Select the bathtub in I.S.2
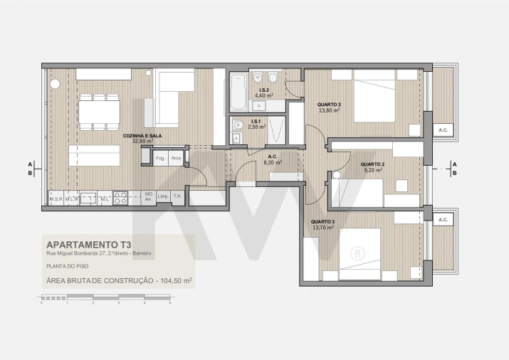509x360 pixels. pyautogui.click(x=238, y=92)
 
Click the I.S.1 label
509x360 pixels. pyautogui.click(x=256, y=122)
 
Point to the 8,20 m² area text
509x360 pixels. pyautogui.click(x=273, y=162)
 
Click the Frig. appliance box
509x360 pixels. pyautogui.click(x=160, y=158)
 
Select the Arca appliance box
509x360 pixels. pyautogui.click(x=176, y=158)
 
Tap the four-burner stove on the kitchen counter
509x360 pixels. pyautogui.click(x=120, y=198)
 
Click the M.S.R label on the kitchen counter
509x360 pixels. pyautogui.click(x=56, y=198)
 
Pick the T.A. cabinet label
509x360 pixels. pyautogui.click(x=178, y=196)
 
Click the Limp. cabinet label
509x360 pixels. pyautogui.click(x=162, y=196)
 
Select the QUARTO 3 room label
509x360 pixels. pyautogui.click(x=322, y=221)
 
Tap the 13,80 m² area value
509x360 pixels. pyautogui.click(x=329, y=110)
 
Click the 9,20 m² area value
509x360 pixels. pyautogui.click(x=353, y=170)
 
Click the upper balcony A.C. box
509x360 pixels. pyautogui.click(x=443, y=129)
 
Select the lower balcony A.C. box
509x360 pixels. pyautogui.click(x=443, y=220)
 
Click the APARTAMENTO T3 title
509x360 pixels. pyautogui.click(x=88, y=243)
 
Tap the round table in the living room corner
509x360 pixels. pyautogui.click(x=54, y=83)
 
